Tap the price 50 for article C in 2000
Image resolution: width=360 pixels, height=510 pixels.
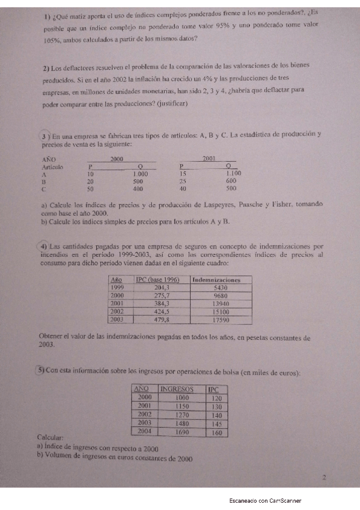(x=90, y=188)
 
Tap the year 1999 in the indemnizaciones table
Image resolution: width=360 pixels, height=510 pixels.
(x=118, y=288)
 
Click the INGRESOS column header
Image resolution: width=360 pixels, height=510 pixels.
(x=180, y=390)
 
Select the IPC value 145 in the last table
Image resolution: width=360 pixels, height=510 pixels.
(x=217, y=423)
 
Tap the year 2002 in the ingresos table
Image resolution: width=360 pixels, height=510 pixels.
(x=145, y=414)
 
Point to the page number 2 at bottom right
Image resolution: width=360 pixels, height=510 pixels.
(x=324, y=479)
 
